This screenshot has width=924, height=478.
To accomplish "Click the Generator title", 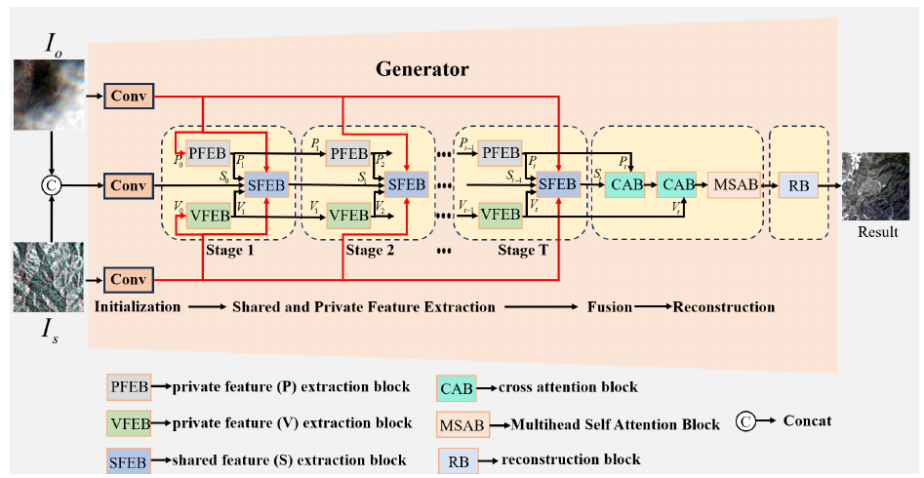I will [422, 70].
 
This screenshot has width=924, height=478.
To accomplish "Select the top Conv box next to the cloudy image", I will [128, 96].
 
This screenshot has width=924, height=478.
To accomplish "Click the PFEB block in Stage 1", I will [207, 152].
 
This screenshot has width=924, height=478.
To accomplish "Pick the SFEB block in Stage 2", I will [407, 182].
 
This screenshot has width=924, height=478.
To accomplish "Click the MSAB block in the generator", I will [733, 182].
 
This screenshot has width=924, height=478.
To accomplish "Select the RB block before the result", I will [798, 182].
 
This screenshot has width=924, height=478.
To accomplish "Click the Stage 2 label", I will [370, 250].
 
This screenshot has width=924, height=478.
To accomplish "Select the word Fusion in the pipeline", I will [610, 306].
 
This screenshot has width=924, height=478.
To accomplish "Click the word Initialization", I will [138, 306].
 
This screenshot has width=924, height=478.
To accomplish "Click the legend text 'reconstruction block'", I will [571, 459].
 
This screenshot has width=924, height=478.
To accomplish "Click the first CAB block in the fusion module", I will [623, 182].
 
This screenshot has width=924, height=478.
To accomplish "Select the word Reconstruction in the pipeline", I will [723, 306].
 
